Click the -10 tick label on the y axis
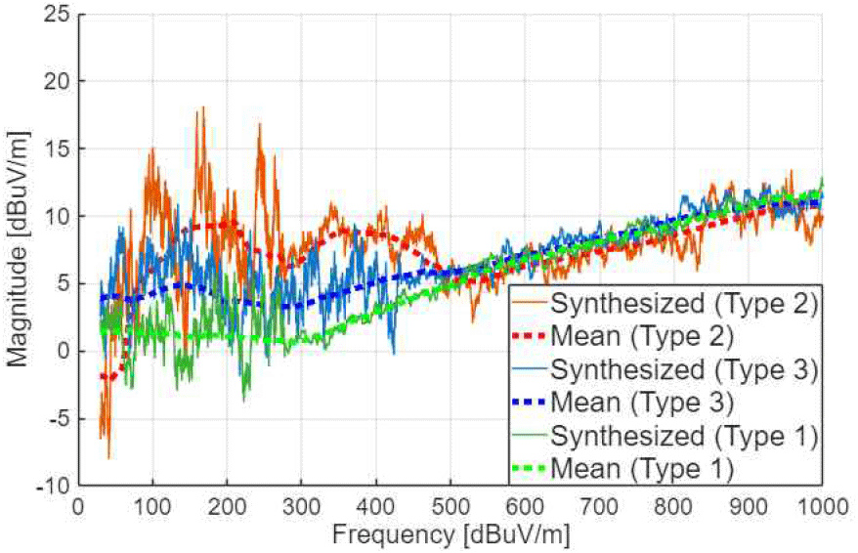coord(55,486)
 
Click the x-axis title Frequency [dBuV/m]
coord(450,534)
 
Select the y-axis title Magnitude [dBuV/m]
coord(19,250)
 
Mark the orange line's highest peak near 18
coord(202,107)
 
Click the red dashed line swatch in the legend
coord(530,336)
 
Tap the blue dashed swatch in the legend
coord(530,403)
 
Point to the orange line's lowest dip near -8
coord(108,457)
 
